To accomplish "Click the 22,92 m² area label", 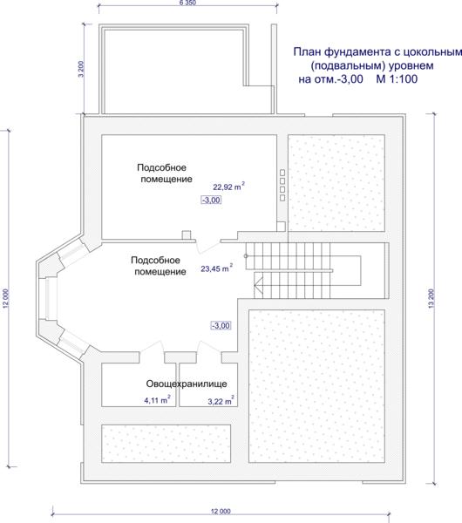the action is (229, 187).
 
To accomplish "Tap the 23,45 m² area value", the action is (216, 268).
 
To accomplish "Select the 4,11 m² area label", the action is (158, 399).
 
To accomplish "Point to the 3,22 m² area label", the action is (221, 401).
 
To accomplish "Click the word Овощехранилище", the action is (187, 384).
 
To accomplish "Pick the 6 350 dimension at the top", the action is (187, 3).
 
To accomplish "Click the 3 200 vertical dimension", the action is (81, 69).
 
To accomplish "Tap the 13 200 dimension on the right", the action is (431, 298).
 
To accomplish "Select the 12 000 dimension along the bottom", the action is (221, 511).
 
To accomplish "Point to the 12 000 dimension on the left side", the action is (6, 298).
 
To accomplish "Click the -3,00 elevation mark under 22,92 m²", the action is (212, 200).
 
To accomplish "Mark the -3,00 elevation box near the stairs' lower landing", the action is (221, 325).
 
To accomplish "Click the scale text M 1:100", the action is (397, 79).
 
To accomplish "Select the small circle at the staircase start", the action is (246, 256).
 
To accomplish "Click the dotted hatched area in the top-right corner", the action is (336, 183).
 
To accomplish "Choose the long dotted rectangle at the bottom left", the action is (166, 444).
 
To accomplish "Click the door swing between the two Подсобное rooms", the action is (207, 246).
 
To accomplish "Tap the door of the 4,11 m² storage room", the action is (152, 347).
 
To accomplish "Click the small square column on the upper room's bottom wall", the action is (187, 234).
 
